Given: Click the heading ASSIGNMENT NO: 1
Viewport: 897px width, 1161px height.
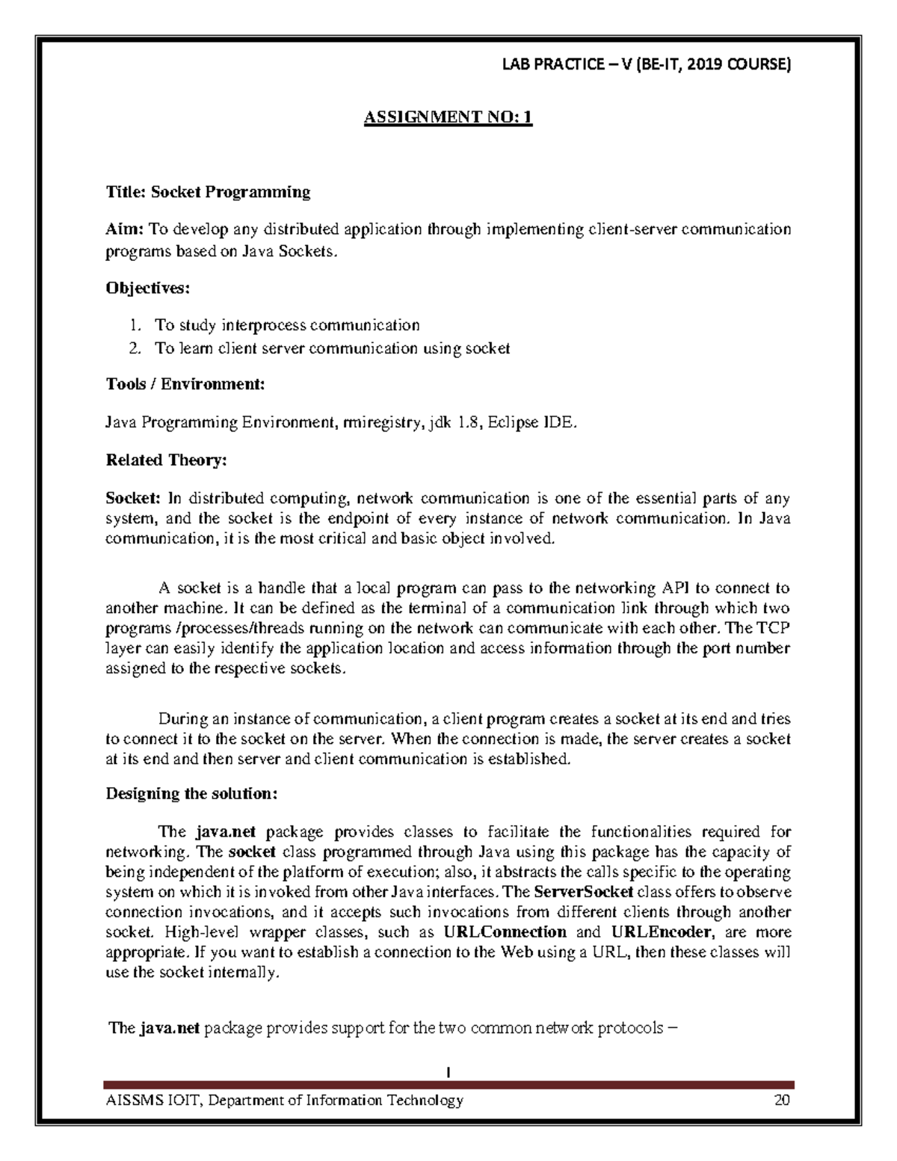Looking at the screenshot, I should (448, 117).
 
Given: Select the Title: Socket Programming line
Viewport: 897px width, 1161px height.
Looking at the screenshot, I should (208, 192).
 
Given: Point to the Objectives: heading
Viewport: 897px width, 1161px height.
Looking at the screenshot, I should (148, 288).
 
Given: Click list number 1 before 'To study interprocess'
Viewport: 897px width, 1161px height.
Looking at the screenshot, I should (134, 325).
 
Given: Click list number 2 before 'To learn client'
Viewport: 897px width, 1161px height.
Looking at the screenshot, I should (134, 348).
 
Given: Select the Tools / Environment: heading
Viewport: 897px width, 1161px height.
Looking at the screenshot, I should (185, 384).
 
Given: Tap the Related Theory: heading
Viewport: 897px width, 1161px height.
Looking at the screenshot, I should (166, 461).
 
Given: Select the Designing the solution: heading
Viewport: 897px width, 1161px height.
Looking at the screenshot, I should (191, 794).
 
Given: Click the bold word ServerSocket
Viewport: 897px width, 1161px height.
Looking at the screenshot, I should (584, 892).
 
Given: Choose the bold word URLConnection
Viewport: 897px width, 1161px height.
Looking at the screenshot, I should (505, 932).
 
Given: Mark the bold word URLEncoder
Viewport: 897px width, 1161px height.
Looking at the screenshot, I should (661, 932).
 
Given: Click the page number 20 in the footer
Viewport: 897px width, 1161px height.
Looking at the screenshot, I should (782, 1100).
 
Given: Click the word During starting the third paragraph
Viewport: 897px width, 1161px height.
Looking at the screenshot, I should (182, 719).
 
